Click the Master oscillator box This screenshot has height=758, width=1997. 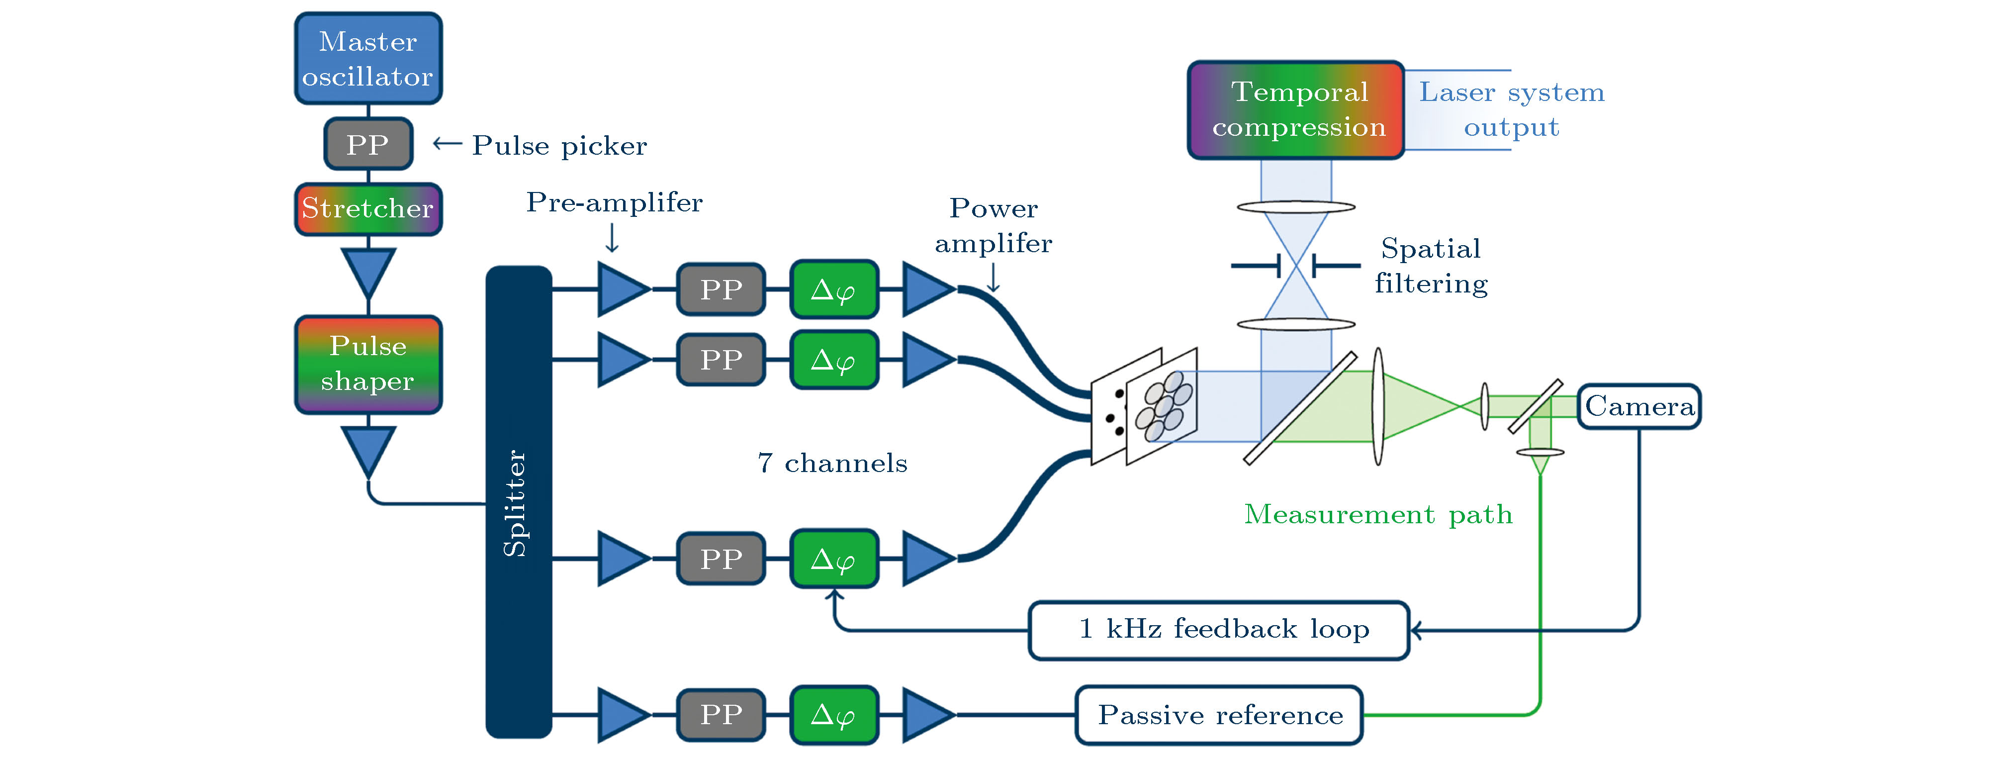368,58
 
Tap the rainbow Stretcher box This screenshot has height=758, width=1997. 368,208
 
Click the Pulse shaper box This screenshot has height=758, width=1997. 368,364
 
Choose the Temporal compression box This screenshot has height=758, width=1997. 1295,110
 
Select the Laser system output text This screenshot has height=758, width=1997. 1511,109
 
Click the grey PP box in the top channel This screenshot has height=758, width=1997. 721,289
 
